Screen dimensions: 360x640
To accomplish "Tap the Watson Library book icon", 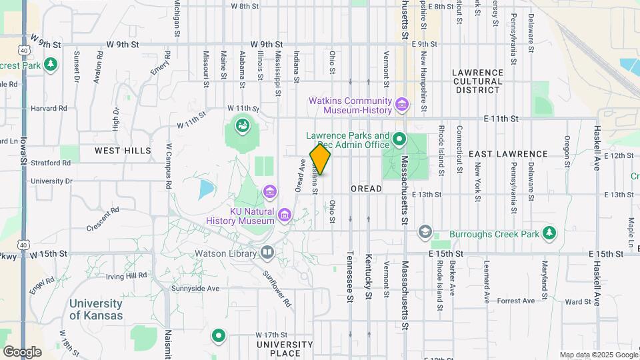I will (267, 253).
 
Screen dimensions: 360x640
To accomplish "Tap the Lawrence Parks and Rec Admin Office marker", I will (399, 139).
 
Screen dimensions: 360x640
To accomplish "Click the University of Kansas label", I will (96, 309).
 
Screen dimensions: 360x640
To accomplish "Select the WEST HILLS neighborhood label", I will (123, 151).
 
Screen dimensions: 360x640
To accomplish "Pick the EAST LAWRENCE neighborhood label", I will (508, 154).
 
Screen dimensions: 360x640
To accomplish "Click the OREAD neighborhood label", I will (366, 189).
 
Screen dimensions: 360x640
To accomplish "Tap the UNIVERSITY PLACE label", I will (285, 349).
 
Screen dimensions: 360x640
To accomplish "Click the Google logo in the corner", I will (22, 351).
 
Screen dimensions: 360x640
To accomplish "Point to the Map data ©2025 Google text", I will (598, 355).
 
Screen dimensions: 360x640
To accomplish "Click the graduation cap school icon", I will (424, 231).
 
